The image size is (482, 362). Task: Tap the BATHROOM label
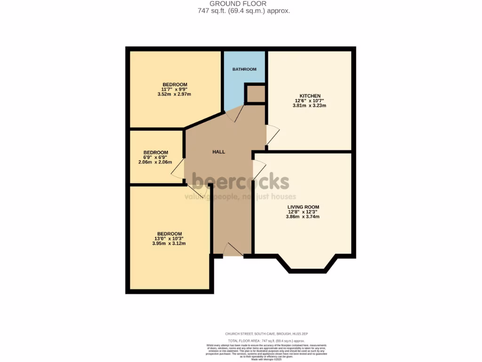click(244, 69)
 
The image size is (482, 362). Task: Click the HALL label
click(218, 152)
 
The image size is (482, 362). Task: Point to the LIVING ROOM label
click(303, 207)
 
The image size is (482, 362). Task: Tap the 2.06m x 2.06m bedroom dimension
click(155, 162)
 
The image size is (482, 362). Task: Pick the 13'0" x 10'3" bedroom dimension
click(169, 239)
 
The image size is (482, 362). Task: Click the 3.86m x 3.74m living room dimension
click(303, 217)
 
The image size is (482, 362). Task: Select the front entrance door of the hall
click(233, 250)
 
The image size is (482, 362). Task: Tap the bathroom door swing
click(235, 113)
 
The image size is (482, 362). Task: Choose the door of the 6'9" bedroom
click(177, 169)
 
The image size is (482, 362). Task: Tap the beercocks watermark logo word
click(241, 181)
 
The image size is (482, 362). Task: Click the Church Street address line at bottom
click(266, 334)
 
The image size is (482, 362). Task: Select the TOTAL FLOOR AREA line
click(266, 340)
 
